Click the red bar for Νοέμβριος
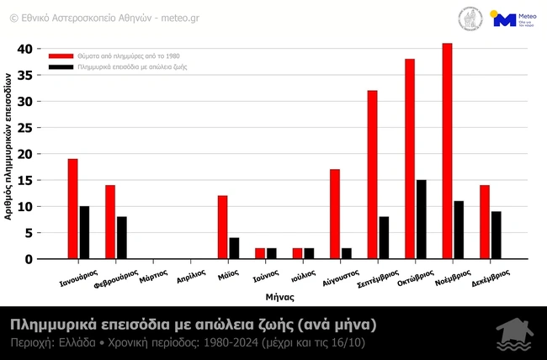(x=447, y=151)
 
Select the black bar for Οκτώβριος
(x=421, y=220)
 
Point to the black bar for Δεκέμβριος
(x=496, y=236)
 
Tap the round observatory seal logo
(x=470, y=19)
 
